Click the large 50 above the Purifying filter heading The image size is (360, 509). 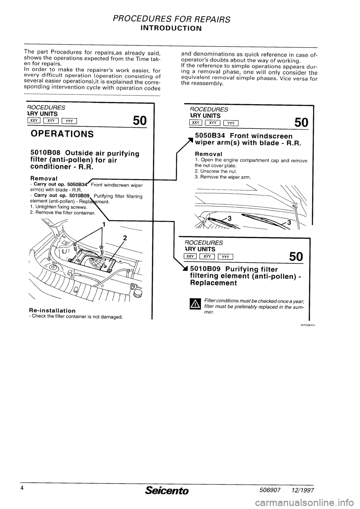point(296,257)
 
